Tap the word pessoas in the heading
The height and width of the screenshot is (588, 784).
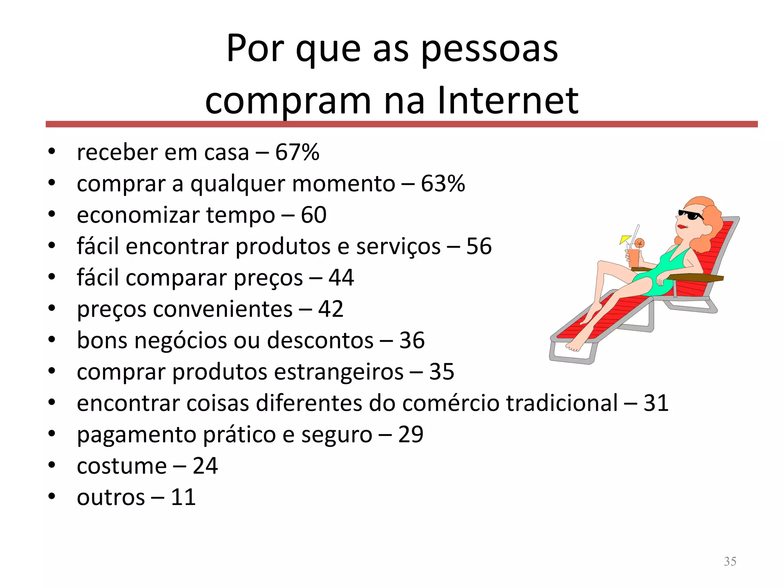pyautogui.click(x=490, y=49)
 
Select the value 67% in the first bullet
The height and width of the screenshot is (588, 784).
pyautogui.click(x=297, y=152)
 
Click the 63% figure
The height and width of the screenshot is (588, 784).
pyautogui.click(x=443, y=183)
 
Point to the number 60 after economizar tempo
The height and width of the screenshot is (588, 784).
pyautogui.click(x=314, y=215)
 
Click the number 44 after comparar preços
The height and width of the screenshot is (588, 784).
pyautogui.click(x=341, y=278)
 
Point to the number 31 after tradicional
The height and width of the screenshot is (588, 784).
pyautogui.click(x=656, y=403)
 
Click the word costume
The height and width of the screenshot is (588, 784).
pyautogui.click(x=122, y=466)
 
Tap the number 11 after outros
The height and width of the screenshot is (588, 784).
pyautogui.click(x=183, y=497)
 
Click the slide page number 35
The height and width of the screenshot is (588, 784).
pyautogui.click(x=730, y=561)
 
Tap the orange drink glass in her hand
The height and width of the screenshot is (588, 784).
pyautogui.click(x=634, y=258)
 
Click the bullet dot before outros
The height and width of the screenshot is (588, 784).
pyautogui.click(x=52, y=497)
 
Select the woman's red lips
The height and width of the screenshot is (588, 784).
pyautogui.click(x=682, y=227)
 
